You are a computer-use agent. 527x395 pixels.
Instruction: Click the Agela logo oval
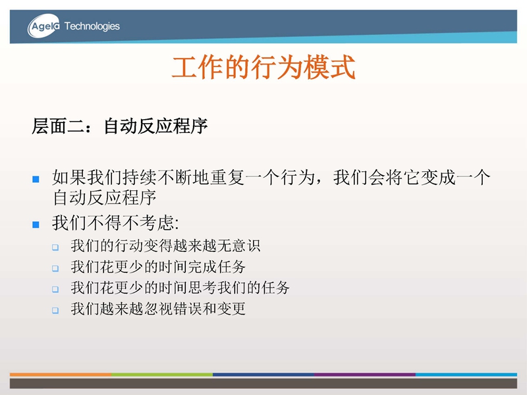(43, 26)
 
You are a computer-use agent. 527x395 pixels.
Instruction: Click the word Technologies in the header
(92, 26)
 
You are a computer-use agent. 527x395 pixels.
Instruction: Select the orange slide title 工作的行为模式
(263, 67)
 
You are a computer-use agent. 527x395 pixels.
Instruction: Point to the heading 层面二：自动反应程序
(120, 126)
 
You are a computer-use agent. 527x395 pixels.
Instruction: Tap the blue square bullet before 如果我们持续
(36, 179)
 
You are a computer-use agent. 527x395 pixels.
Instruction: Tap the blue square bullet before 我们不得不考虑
(36, 224)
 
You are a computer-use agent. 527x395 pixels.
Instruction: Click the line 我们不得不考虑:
(115, 223)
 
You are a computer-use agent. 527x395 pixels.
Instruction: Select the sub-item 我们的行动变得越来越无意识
(165, 246)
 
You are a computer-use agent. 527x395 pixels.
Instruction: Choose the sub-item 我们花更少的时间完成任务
(158, 267)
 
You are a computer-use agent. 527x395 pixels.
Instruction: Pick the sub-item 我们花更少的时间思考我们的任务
(180, 288)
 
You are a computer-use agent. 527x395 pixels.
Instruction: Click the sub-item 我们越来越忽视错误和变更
(158, 309)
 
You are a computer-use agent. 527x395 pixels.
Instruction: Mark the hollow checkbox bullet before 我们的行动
(55, 248)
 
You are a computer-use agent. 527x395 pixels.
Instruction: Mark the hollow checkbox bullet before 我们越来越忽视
(55, 310)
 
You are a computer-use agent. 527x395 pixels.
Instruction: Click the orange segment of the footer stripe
(61, 374)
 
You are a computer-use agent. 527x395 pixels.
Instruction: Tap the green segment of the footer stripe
(162, 374)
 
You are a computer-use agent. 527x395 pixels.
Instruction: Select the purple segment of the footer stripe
(365, 374)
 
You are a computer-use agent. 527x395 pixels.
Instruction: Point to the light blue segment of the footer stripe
(466, 374)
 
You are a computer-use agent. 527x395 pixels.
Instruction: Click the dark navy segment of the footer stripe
(263, 374)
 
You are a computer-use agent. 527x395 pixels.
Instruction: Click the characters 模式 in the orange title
(329, 67)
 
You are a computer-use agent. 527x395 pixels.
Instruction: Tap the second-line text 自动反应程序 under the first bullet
(105, 197)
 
